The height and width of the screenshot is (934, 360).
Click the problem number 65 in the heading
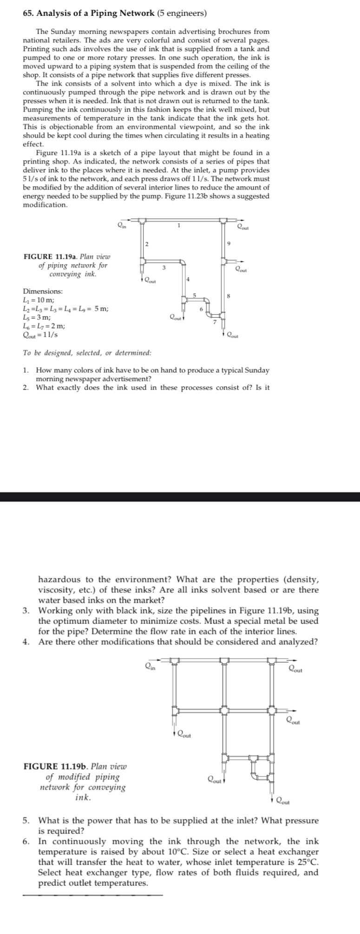(28, 13)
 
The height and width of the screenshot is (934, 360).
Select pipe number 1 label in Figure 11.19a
(178, 226)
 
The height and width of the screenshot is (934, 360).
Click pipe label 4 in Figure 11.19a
(188, 279)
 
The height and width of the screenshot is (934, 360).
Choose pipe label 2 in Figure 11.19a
(146, 244)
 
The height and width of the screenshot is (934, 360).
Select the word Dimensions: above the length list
(43, 291)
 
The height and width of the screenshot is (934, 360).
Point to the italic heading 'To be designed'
(87, 353)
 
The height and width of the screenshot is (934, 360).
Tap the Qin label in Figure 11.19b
(150, 667)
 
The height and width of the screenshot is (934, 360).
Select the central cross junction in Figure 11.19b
(224, 711)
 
